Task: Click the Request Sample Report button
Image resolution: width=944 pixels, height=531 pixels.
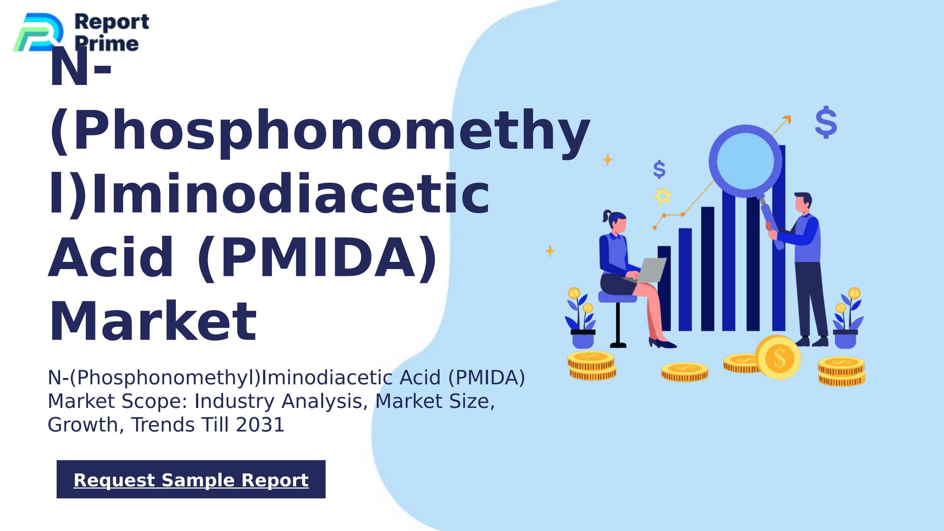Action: tap(191, 479)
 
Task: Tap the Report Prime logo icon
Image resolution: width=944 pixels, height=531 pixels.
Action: tap(38, 32)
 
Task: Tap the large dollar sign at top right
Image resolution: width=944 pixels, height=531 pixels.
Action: tap(826, 122)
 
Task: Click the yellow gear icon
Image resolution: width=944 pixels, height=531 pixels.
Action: tap(663, 196)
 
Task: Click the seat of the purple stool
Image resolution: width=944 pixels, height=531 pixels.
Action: tap(617, 297)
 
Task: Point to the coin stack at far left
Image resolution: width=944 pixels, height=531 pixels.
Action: tap(592, 365)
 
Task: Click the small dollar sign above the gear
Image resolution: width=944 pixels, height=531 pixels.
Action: tap(659, 169)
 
